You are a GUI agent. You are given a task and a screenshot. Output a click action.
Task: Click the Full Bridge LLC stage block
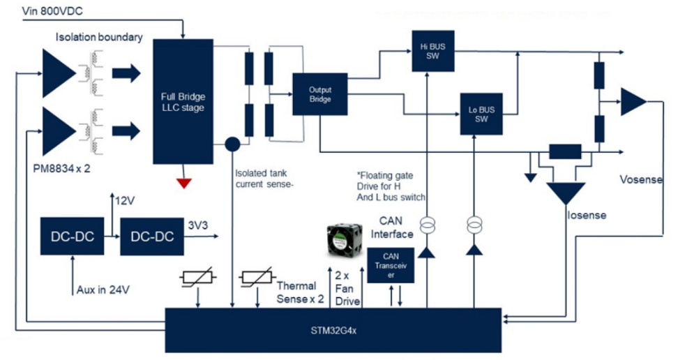click(x=182, y=102)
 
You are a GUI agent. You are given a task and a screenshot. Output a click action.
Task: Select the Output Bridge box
click(x=320, y=93)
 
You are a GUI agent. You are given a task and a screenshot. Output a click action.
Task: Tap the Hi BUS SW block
click(x=428, y=50)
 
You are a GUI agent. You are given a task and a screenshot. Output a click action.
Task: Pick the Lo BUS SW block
click(x=481, y=114)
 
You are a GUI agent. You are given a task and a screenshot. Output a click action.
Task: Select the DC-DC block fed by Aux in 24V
click(x=72, y=237)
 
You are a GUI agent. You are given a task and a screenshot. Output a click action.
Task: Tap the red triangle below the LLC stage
click(x=183, y=183)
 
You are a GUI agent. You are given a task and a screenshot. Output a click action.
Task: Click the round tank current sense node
click(x=232, y=144)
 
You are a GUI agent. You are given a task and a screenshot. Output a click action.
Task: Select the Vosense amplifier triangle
click(x=633, y=102)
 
